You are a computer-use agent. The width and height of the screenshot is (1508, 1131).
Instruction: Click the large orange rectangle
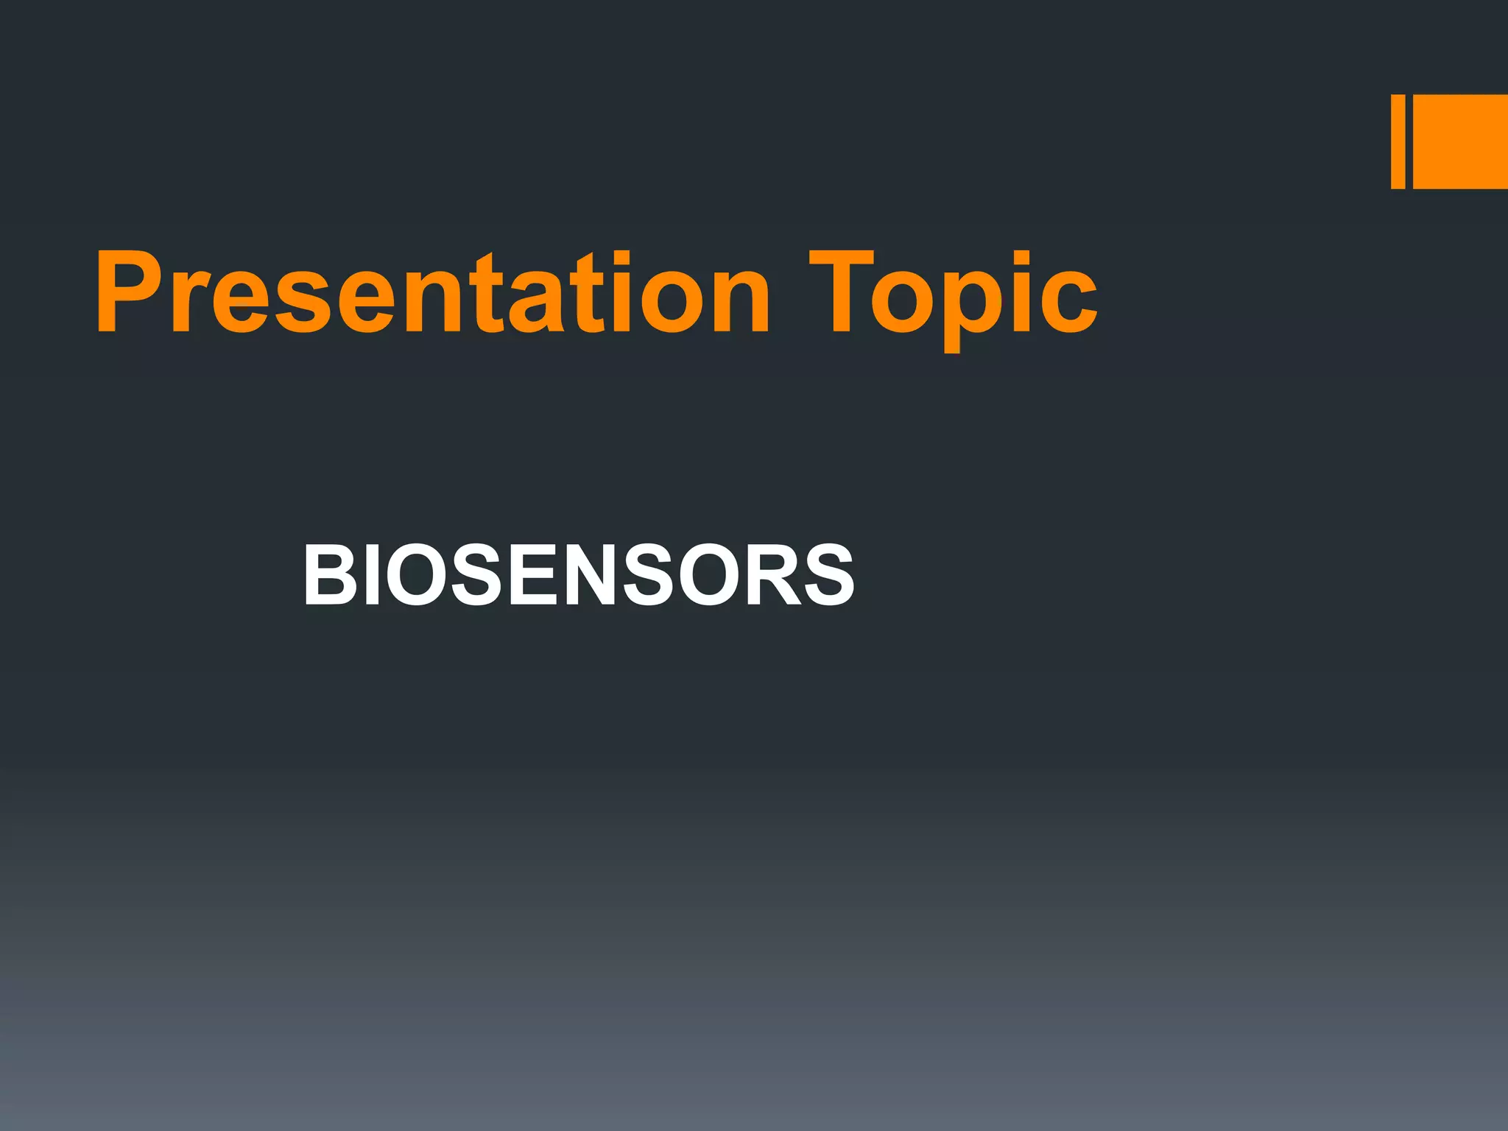pos(1460,141)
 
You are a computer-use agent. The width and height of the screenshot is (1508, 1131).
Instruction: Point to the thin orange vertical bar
pos(1398,141)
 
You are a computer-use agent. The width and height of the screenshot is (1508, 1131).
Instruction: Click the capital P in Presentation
pos(125,293)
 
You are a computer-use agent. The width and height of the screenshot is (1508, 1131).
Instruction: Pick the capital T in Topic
pos(841,293)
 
